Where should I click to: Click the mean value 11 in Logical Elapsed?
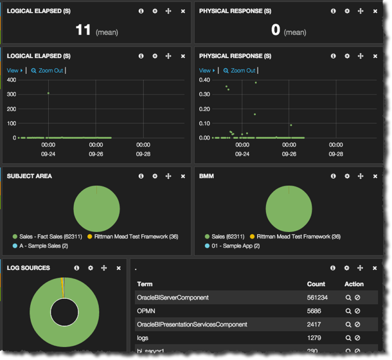click(x=83, y=30)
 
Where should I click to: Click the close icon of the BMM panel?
click(x=375, y=176)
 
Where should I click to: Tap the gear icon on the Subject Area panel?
click(x=155, y=176)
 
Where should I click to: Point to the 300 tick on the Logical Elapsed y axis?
click(x=11, y=94)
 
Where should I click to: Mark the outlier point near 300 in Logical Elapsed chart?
click(x=48, y=93)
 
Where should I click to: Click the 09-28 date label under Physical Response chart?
click(x=336, y=154)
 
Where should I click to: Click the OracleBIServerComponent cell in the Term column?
click(x=172, y=298)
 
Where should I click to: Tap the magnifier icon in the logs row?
click(x=348, y=338)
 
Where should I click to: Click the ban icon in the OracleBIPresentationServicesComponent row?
click(x=357, y=325)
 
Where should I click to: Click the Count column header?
click(x=316, y=284)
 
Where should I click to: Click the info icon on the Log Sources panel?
click(x=76, y=268)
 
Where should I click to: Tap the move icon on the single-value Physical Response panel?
click(x=361, y=12)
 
